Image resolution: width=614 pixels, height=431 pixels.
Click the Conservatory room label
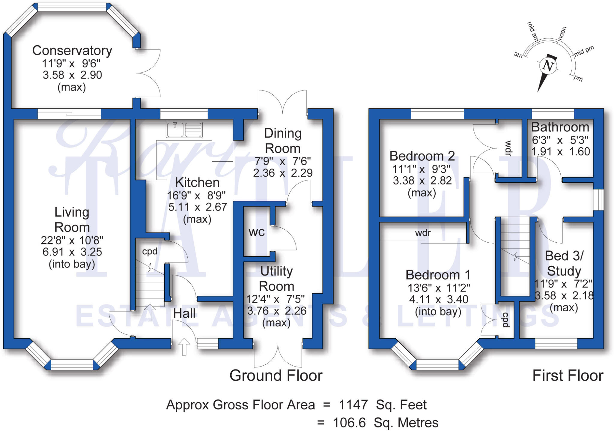pyautogui.click(x=72, y=50)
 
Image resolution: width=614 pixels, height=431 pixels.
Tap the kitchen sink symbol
pyautogui.click(x=184, y=130)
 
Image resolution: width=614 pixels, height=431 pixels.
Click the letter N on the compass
pyautogui.click(x=548, y=66)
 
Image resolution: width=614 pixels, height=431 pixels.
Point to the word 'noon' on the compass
pyautogui.click(x=562, y=33)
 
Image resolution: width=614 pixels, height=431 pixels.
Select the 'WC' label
pyautogui.click(x=257, y=232)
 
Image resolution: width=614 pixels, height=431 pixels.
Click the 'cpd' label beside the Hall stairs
pyautogui.click(x=150, y=251)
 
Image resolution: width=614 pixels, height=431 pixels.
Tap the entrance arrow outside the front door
pyautogui.click(x=184, y=346)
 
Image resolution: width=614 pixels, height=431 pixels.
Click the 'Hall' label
pyautogui.click(x=184, y=313)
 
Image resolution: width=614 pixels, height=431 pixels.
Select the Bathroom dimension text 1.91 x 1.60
pyautogui.click(x=560, y=152)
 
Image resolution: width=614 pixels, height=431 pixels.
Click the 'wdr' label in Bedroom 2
pyautogui.click(x=508, y=148)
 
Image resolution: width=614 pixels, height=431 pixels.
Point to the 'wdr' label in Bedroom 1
pyautogui.click(x=423, y=233)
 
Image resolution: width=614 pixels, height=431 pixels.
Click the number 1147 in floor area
pyautogui.click(x=353, y=405)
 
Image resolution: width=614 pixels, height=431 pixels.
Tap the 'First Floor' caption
pyautogui.click(x=568, y=376)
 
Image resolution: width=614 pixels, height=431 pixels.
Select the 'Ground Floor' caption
pyautogui.click(x=276, y=376)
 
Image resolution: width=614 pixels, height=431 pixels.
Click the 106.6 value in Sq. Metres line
pyautogui.click(x=349, y=423)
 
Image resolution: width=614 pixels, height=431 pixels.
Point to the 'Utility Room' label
pyautogui.click(x=276, y=279)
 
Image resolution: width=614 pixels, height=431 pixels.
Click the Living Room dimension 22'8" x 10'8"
pyautogui.click(x=72, y=240)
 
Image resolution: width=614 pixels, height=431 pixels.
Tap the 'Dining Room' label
pyautogui.click(x=282, y=141)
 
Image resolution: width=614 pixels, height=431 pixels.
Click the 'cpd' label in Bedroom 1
pyautogui.click(x=505, y=320)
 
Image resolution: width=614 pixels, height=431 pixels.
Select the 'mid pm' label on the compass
pyautogui.click(x=584, y=51)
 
